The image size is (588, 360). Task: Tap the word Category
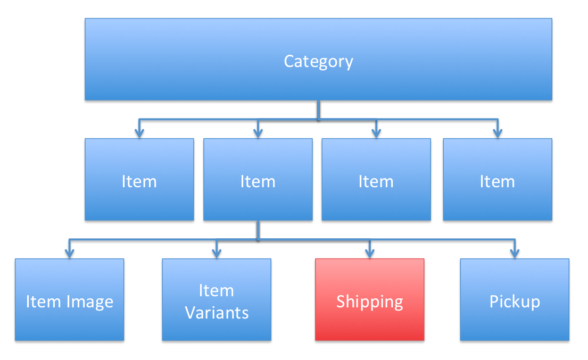318,61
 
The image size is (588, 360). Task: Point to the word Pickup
515,302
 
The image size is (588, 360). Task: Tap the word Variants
217,312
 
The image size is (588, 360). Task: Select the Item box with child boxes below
258,202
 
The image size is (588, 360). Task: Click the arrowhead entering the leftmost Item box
139,133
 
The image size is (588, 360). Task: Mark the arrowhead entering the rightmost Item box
497,133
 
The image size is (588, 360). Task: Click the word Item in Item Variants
217,290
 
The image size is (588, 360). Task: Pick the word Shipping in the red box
369,302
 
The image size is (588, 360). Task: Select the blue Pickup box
515,324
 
